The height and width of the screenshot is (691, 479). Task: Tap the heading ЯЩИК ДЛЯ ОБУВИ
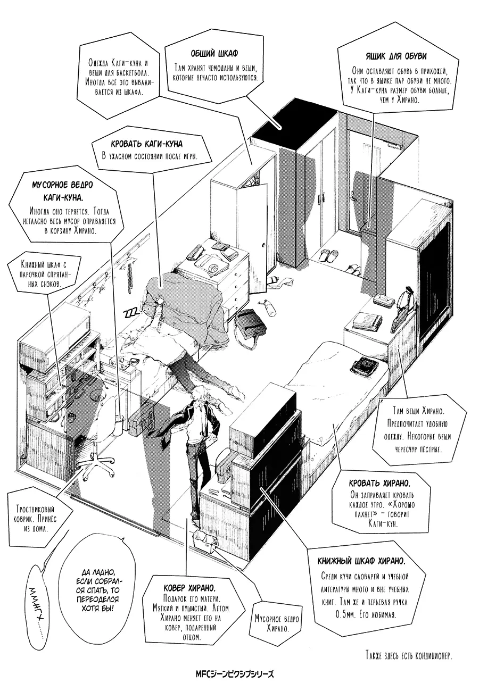click(x=396, y=56)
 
